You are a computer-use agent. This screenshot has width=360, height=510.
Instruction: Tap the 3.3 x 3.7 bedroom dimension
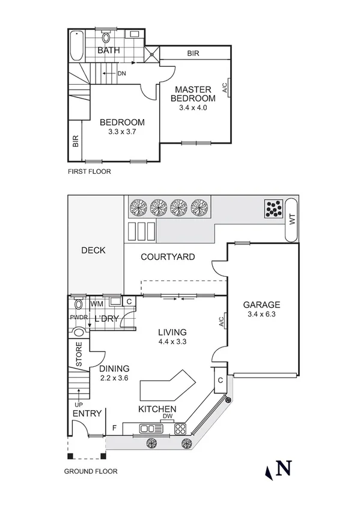(122, 132)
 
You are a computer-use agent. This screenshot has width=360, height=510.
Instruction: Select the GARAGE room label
(261, 304)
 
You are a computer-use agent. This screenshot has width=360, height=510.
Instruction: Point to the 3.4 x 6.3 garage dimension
(261, 314)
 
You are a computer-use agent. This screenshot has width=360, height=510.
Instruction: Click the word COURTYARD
(167, 257)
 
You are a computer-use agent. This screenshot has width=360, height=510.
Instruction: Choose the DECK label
(93, 250)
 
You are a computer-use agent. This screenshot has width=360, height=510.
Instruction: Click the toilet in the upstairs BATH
(106, 35)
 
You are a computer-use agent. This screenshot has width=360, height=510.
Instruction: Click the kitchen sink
(151, 429)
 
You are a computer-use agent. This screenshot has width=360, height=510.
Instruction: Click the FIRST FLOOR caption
(89, 171)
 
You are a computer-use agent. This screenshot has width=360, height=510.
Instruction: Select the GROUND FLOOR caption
(91, 472)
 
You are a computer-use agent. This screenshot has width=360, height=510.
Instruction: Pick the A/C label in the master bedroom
(224, 88)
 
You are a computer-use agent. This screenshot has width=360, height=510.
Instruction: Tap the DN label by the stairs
(121, 73)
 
